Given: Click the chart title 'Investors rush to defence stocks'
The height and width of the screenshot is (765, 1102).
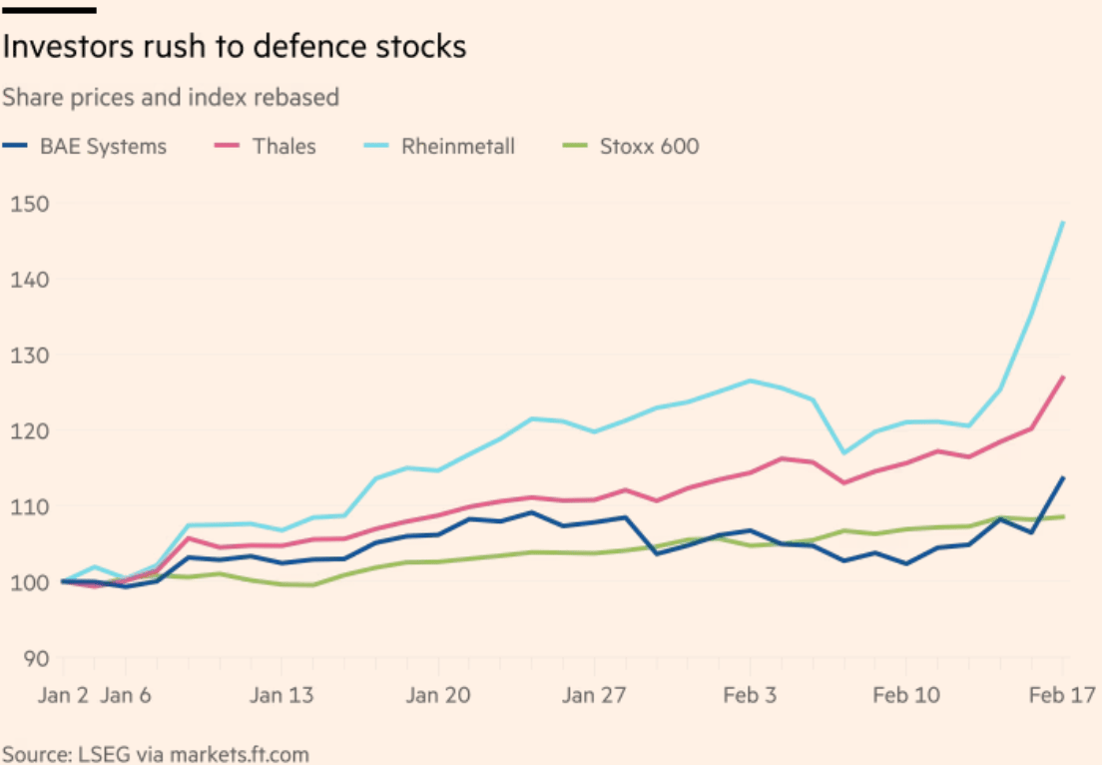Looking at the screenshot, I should pyautogui.click(x=234, y=47).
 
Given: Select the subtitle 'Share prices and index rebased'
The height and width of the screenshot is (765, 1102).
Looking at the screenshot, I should pyautogui.click(x=171, y=98).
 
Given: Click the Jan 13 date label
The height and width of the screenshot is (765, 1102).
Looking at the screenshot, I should pyautogui.click(x=281, y=695).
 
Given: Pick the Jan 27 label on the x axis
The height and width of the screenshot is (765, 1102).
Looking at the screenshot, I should pyautogui.click(x=593, y=695).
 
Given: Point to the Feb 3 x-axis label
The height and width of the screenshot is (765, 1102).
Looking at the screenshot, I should pyautogui.click(x=749, y=695).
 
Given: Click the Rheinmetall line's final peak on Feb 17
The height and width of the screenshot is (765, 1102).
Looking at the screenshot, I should pyautogui.click(x=1063, y=222).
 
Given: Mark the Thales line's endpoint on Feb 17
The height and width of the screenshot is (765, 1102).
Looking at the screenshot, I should pyautogui.click(x=1063, y=377).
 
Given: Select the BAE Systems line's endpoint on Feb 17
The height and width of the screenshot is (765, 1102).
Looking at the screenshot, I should pyautogui.click(x=1063, y=477).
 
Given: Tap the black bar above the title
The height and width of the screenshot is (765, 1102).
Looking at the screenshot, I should pyautogui.click(x=49, y=10).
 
